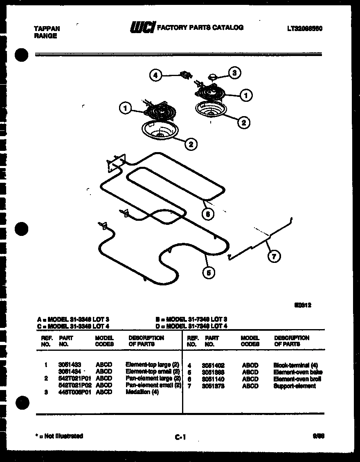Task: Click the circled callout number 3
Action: click(x=234, y=73)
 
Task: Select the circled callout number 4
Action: click(x=155, y=75)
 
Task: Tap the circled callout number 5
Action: click(x=209, y=273)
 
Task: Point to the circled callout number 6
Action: click(x=208, y=213)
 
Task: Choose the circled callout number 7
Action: click(x=274, y=256)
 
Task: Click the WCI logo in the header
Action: click(x=142, y=27)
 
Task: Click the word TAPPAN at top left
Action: click(x=46, y=29)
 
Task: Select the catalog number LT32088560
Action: click(x=305, y=29)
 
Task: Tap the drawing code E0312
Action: click(x=303, y=305)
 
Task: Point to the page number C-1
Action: click(x=180, y=437)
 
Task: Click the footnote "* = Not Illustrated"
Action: click(x=59, y=436)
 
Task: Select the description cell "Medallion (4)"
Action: click(x=142, y=392)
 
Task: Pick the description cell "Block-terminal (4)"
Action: click(x=296, y=365)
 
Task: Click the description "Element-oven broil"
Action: click(x=297, y=379)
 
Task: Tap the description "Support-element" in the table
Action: click(x=295, y=386)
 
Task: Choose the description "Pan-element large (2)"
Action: click(x=153, y=378)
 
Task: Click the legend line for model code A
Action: click(x=74, y=319)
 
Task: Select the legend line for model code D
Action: click(x=191, y=326)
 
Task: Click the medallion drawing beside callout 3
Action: click(x=213, y=76)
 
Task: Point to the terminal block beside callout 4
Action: click(x=186, y=75)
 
